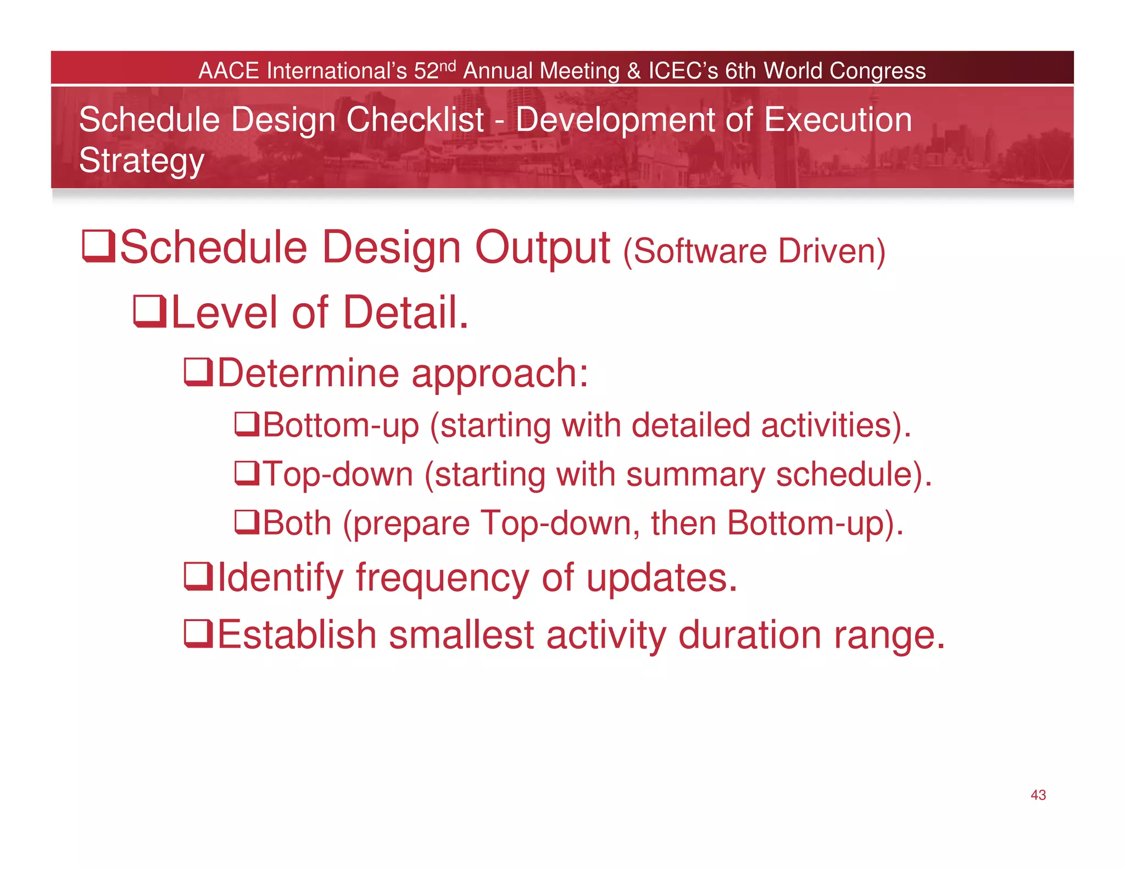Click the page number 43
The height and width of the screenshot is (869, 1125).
pos(1038,795)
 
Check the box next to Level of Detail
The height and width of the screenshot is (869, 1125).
pos(149,311)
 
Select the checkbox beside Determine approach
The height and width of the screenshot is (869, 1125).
pos(198,372)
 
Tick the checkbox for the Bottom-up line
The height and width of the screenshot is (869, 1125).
pos(247,424)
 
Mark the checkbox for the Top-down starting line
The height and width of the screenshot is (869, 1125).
pos(247,473)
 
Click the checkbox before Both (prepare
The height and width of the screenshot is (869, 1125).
pos(247,522)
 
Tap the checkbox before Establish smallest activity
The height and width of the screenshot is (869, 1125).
pos(198,633)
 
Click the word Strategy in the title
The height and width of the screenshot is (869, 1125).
pos(142,161)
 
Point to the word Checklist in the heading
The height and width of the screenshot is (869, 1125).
pos(415,120)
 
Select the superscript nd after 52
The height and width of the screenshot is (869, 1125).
pos(448,66)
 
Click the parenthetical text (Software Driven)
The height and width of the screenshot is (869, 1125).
pos(754,251)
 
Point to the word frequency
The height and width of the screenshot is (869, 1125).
pos(442,578)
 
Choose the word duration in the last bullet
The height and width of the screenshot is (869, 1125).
pos(750,634)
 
